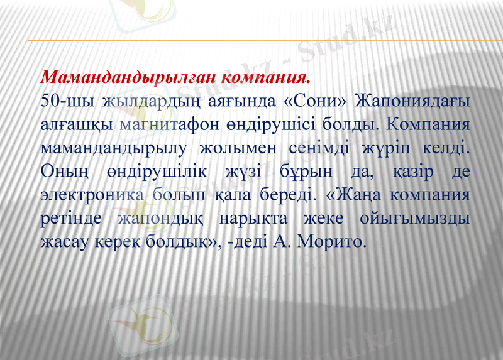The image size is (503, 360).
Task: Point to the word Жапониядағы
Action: click(x=412, y=101)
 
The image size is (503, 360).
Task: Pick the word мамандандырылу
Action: click(x=112, y=148)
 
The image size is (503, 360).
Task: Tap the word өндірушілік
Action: click(x=165, y=172)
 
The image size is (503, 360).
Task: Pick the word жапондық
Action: click(x=160, y=218)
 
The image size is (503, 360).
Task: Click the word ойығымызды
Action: click(x=414, y=218)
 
